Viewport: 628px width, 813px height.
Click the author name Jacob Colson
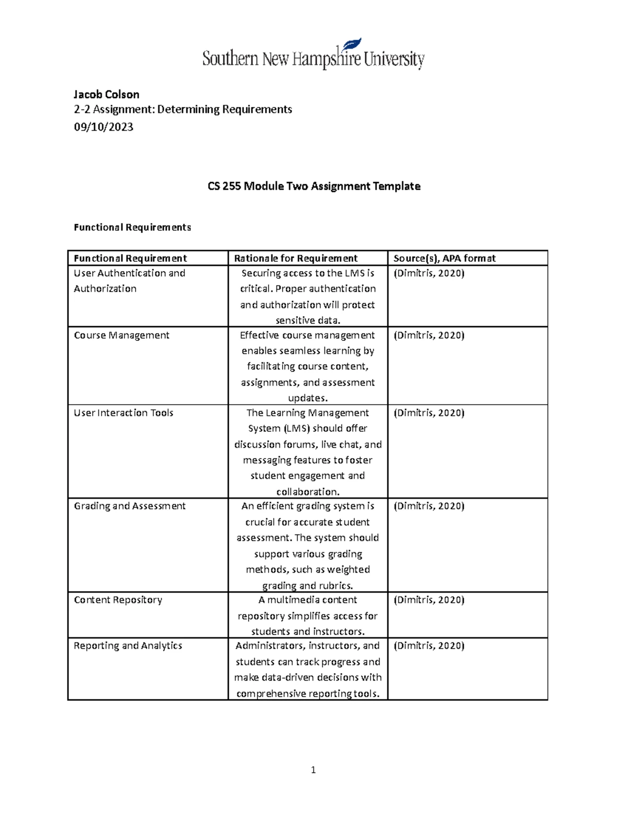coord(106,95)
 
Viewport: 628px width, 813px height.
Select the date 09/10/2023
coord(104,127)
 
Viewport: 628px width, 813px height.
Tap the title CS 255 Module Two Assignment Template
coord(313,186)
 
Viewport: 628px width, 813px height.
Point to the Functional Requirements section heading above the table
coord(132,227)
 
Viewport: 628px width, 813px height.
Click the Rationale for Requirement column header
coord(296,258)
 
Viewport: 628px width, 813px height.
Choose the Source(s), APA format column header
coord(444,258)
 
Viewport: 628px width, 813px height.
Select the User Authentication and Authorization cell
coord(129,281)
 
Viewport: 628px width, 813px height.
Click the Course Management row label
coord(121,335)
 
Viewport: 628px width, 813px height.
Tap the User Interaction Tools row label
coord(124,413)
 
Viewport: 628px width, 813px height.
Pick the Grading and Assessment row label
coord(130,506)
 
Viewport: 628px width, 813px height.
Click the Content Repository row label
coord(118,599)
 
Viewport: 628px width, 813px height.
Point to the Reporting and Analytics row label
coord(128,645)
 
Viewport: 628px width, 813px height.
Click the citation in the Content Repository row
coord(429,599)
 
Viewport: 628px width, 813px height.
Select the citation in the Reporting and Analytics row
coord(429,645)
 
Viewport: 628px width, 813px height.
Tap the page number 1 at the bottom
coord(313,770)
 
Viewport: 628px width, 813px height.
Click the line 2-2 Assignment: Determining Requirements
coord(183,109)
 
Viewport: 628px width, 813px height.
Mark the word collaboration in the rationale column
coord(307,492)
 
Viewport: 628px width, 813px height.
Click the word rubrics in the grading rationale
coord(335,585)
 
